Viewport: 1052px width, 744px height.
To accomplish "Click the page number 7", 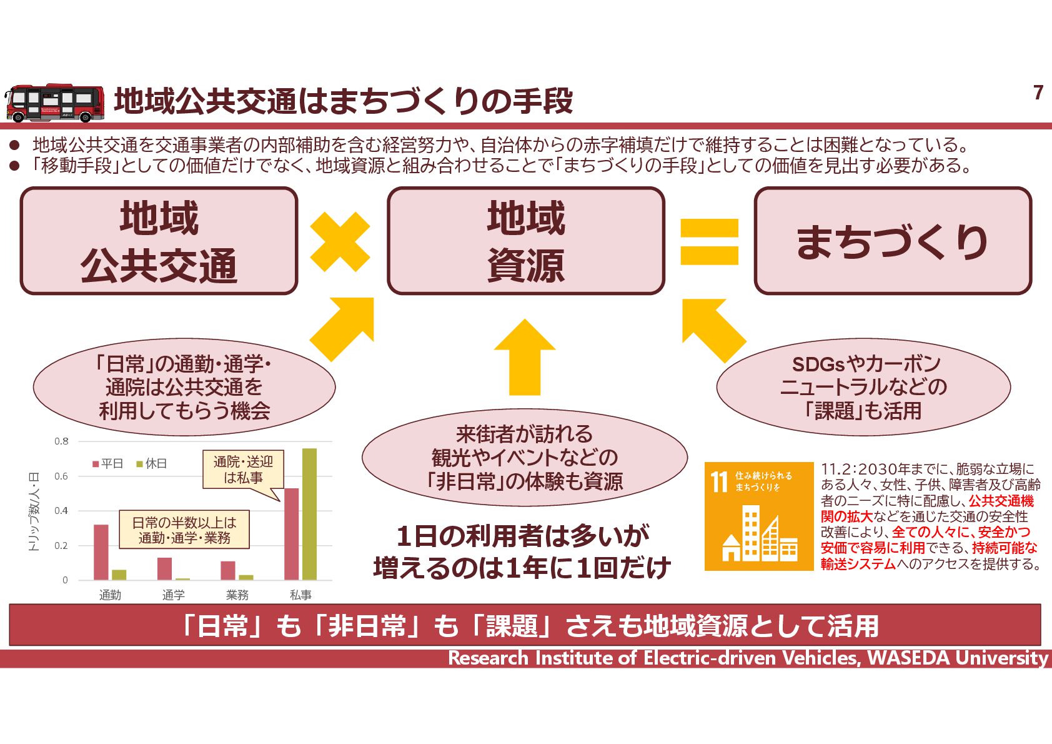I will pyautogui.click(x=1038, y=93).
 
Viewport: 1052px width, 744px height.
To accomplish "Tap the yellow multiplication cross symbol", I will pyautogui.click(x=340, y=241).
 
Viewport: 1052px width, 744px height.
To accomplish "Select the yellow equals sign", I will pyautogui.click(x=709, y=241).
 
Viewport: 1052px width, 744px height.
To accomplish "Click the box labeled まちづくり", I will pyautogui.click(x=892, y=241).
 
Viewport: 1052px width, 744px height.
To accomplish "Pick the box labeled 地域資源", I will pyautogui.click(x=525, y=241).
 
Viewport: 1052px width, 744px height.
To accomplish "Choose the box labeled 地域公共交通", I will pyautogui.click(x=159, y=241).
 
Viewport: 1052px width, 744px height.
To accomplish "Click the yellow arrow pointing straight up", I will pyautogui.click(x=524, y=356).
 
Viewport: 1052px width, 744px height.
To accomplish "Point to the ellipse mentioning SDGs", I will pyautogui.click(x=863, y=387).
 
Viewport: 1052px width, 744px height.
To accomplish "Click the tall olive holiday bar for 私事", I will pyautogui.click(x=309, y=514).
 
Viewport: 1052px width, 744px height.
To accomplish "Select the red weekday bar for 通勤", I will pyautogui.click(x=101, y=552).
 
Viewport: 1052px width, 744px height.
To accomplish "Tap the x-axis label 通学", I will pyautogui.click(x=173, y=595).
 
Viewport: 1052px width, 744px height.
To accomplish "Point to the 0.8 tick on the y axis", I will pyautogui.click(x=61, y=441).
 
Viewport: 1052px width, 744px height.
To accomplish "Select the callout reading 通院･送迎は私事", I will pyautogui.click(x=243, y=470).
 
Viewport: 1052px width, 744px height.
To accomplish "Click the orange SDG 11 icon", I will pyautogui.click(x=758, y=516).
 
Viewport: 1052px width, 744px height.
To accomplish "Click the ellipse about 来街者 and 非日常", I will pyautogui.click(x=524, y=458).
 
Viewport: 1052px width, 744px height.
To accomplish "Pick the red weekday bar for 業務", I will pyautogui.click(x=228, y=570).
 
